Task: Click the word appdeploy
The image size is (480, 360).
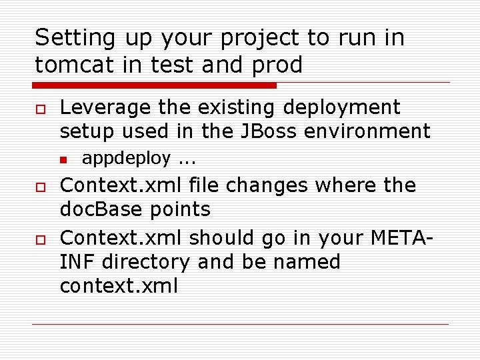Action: tap(126, 159)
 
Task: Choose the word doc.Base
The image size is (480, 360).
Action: tap(97, 209)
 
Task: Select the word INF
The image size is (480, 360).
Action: tap(75, 261)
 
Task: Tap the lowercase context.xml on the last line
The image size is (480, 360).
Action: tap(119, 286)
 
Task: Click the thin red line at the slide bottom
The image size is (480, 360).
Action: tap(240, 325)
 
